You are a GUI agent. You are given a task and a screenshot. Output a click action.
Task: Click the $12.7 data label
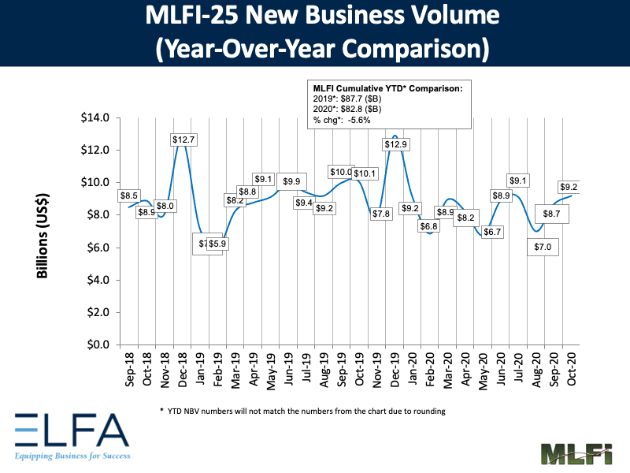pos(183,140)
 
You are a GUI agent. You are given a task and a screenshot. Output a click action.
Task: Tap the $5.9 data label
pos(217,244)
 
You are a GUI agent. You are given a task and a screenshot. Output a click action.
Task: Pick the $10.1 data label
pos(365,173)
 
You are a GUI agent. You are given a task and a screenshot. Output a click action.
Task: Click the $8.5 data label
pos(130,196)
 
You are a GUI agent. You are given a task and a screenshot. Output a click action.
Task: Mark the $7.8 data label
pos(380,214)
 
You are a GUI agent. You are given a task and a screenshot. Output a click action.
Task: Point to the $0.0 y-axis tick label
pos(98,345)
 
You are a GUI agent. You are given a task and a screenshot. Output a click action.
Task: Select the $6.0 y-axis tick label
pos(98,248)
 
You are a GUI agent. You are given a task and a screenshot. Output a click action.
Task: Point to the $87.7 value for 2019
pos(356,99)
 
